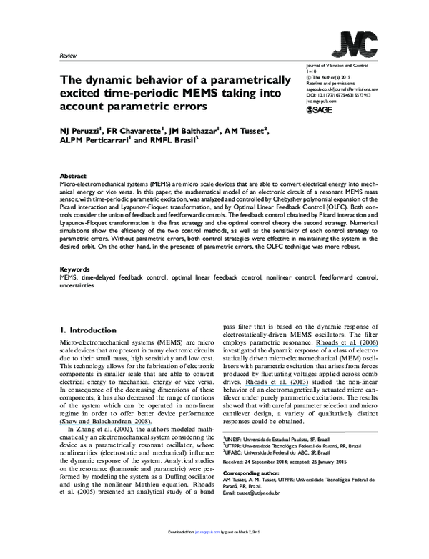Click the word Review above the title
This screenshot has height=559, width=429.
click(x=69, y=55)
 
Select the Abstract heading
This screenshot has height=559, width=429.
click(x=72, y=175)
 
